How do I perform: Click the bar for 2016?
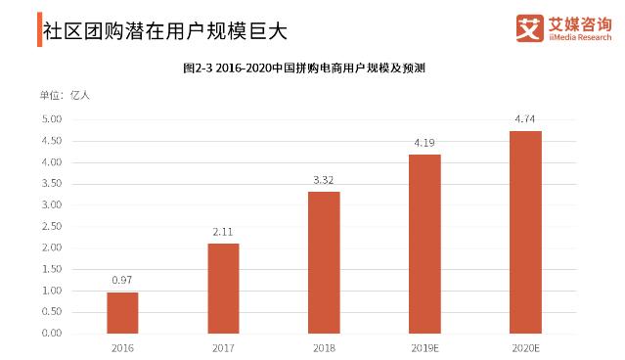point(122,312)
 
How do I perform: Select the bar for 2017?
point(223,288)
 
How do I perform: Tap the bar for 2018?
point(324,262)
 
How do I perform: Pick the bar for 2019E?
point(424,244)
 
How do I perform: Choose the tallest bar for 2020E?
point(525,232)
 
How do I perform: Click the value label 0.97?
point(122,281)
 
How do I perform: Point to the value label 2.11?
point(223,232)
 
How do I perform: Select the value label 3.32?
point(324,180)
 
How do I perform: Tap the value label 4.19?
point(424,143)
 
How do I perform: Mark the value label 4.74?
point(525,119)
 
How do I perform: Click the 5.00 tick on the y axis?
point(52,119)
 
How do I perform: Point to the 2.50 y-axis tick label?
point(52,226)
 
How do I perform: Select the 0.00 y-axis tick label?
point(52,333)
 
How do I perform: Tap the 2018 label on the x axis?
point(324,347)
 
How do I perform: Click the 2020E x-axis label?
point(525,347)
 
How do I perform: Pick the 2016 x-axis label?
point(122,347)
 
